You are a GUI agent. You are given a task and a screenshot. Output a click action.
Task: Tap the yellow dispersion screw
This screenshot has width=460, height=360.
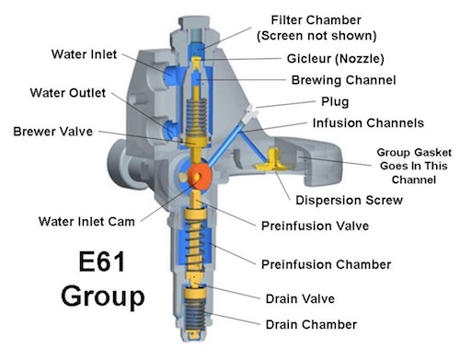(271, 161)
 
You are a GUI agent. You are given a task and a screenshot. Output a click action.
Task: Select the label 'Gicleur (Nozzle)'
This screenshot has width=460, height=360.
(335, 59)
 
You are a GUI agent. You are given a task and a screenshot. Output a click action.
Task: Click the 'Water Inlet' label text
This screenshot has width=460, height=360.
(84, 54)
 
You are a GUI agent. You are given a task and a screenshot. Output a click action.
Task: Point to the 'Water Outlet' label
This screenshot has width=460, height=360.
(68, 93)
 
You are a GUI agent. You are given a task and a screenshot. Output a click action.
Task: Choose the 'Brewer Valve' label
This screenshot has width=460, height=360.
(53, 132)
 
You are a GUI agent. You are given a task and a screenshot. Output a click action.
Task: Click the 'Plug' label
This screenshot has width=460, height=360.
(335, 102)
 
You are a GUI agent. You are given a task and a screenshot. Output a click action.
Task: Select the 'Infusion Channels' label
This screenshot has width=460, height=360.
(368, 123)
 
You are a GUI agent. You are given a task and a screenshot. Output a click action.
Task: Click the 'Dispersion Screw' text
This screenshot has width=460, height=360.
(349, 201)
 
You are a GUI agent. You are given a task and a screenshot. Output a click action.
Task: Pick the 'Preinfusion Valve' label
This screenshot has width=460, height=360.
(315, 226)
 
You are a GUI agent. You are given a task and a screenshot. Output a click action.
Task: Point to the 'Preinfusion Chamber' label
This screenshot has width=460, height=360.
(327, 264)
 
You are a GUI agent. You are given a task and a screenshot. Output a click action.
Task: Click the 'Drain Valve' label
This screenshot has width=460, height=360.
(300, 298)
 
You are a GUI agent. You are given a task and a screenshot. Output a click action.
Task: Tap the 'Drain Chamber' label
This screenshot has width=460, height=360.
(311, 324)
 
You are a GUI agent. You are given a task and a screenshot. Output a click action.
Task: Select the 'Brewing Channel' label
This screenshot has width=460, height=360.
(343, 80)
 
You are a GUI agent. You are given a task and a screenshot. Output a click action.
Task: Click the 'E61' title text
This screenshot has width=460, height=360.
(102, 261)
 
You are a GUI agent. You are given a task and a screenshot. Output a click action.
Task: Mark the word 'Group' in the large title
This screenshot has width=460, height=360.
(103, 296)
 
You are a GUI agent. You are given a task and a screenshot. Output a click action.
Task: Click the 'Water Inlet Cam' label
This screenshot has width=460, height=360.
(86, 222)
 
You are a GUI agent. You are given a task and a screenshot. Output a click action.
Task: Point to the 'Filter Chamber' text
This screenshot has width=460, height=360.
(316, 20)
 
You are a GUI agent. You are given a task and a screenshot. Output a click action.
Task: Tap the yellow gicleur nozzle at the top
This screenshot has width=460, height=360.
(196, 63)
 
